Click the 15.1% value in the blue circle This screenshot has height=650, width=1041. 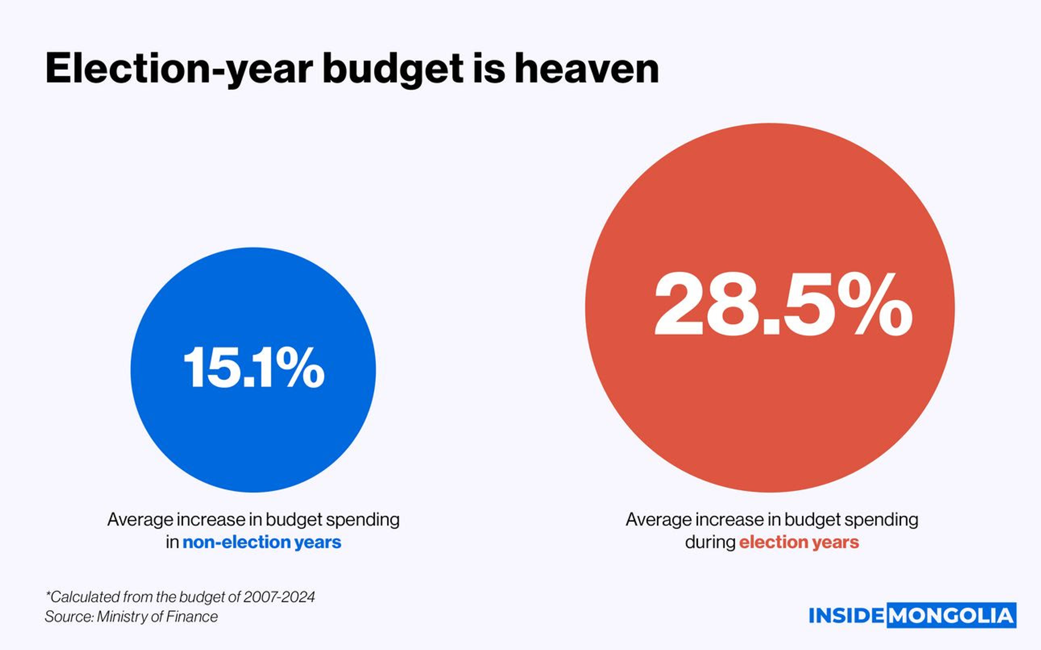pos(253,368)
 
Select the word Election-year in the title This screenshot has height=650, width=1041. pos(179,69)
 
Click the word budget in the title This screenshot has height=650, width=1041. pos(393,69)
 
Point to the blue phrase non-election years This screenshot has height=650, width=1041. pos(261,542)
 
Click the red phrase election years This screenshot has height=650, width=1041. pos(799,542)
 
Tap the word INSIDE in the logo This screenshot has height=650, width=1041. pos(846,616)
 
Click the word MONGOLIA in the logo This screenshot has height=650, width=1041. pos(951,616)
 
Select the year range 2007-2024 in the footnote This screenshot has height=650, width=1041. pos(279,597)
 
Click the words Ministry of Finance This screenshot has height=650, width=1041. pos(157,617)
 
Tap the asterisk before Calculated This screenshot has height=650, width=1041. pos(48,594)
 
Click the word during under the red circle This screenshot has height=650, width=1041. pos(710,542)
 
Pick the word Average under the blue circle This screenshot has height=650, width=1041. pos(139,519)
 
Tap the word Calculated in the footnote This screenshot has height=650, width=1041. pos(87,597)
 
